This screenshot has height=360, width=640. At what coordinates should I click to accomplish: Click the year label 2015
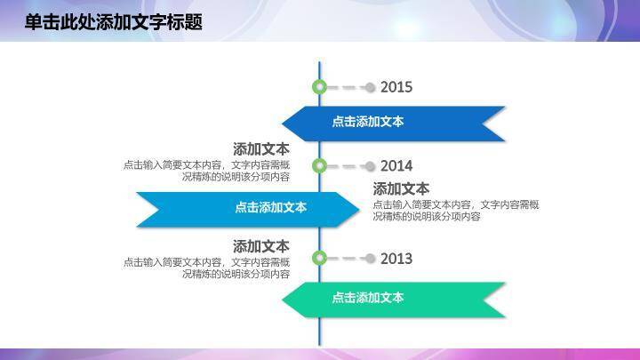pos(396,87)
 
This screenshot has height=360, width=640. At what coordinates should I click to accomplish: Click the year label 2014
pos(396,165)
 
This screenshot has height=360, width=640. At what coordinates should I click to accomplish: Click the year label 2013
pos(396,259)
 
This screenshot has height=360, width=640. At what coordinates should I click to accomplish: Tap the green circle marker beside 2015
pos(320,87)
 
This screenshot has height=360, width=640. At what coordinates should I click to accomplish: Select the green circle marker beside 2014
pos(320,165)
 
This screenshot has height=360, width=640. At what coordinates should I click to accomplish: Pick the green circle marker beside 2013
pos(320,259)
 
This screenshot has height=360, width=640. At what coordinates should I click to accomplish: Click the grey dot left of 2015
pos(371,87)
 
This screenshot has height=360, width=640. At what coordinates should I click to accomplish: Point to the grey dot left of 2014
pos(371,165)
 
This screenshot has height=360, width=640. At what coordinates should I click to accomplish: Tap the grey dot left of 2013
pos(371,259)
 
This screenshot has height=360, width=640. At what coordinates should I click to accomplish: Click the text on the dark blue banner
pos(368,122)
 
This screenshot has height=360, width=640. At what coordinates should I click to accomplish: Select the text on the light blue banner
pos(271,207)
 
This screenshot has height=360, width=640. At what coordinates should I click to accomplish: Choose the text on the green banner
pos(368,298)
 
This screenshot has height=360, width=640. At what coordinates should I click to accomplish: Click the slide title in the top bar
pos(114,22)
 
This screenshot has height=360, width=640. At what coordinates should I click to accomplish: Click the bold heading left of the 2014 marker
pos(260,148)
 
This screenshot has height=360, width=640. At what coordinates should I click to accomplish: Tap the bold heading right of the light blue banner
pos(401,188)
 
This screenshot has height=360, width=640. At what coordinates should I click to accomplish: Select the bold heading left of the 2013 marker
pos(260,246)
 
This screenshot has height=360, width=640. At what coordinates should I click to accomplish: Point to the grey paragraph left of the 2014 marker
pos(207,171)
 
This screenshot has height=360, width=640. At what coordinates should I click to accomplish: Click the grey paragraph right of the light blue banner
pos(455,211)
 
